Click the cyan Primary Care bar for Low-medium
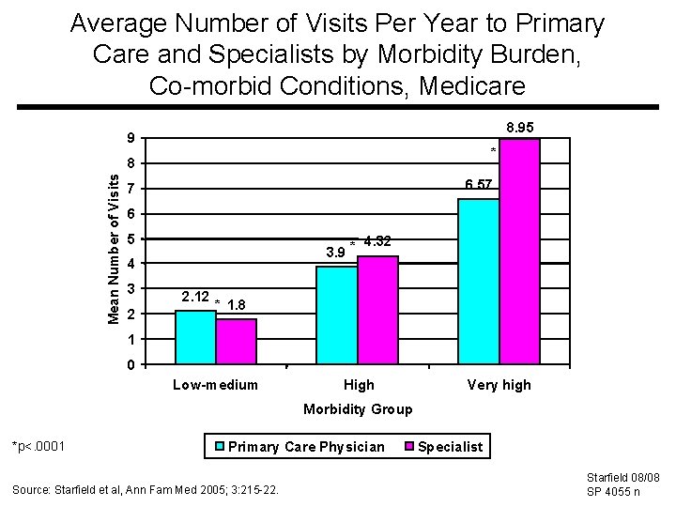coord(195,337)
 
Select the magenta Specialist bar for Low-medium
coord(236,342)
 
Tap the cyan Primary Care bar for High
coord(336,315)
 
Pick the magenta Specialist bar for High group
coord(377,310)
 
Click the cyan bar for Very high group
coord(478,281)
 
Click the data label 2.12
coord(194,297)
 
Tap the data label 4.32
coord(376,241)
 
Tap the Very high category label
coord(499,385)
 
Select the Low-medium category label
coord(215,385)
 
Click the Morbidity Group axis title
coord(357,409)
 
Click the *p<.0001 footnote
coord(38,445)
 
